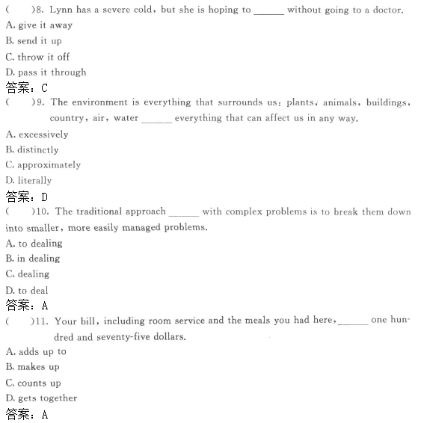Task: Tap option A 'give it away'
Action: (x=39, y=25)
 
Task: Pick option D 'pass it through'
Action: (x=46, y=72)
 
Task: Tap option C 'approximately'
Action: (x=43, y=165)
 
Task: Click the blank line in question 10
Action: (x=184, y=214)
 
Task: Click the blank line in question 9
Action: (x=156, y=121)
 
